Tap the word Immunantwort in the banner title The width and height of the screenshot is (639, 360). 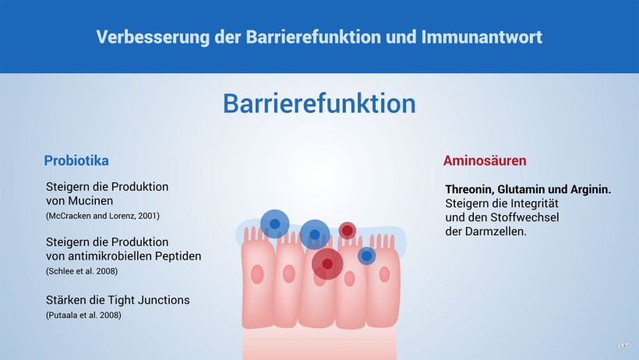(482, 37)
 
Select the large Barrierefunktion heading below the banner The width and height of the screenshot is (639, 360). (319, 104)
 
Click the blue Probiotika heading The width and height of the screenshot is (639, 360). (76, 161)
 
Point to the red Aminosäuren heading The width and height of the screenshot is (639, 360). (485, 161)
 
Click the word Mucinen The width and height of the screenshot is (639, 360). (90, 200)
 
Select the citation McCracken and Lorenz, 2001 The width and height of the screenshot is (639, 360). (103, 216)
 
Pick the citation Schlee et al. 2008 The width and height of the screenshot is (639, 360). (82, 271)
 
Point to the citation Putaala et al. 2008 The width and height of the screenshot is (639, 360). (83, 315)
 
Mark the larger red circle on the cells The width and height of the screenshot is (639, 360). (327, 264)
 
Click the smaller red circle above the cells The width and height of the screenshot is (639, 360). (348, 231)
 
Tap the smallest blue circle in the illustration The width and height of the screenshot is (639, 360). (367, 256)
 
